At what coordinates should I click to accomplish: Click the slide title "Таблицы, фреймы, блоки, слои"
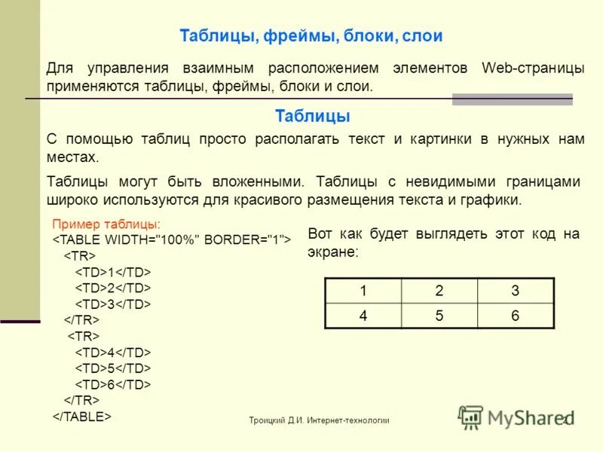point(311,36)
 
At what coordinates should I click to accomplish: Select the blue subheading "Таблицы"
point(313,116)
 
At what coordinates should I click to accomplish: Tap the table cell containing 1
point(363,292)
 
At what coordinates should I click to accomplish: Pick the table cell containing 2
point(439,292)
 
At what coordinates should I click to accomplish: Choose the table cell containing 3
point(516,292)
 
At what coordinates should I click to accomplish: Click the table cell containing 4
point(363,316)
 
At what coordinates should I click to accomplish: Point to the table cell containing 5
point(439,316)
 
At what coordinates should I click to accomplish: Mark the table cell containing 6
point(516,316)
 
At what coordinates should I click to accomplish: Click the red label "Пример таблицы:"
point(106,224)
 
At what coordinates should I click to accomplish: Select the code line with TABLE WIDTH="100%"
point(172,240)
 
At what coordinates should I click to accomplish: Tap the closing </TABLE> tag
point(82,415)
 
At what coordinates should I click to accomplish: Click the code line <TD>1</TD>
point(113,271)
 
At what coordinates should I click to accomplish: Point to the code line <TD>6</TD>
point(113,384)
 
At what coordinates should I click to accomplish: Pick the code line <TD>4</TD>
point(113,352)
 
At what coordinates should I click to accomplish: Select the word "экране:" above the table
point(334,252)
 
